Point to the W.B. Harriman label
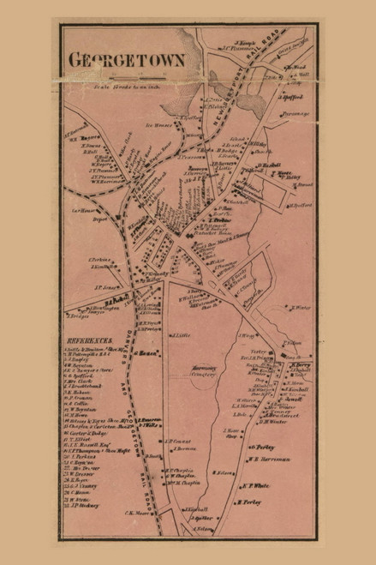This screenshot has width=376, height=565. click(266, 458)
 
